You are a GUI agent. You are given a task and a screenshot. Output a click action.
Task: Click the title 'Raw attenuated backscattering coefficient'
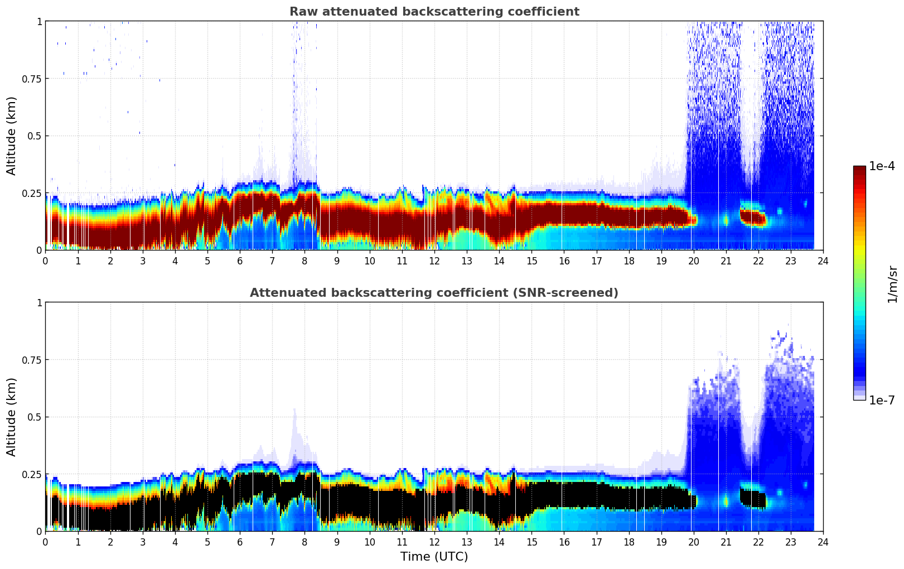click(434, 12)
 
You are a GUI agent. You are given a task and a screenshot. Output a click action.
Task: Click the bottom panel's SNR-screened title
click(434, 293)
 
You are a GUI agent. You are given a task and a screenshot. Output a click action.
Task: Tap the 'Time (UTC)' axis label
click(434, 557)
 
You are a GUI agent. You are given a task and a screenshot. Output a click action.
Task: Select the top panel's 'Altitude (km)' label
click(12, 136)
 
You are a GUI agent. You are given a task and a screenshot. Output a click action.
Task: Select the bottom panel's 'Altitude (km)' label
click(12, 417)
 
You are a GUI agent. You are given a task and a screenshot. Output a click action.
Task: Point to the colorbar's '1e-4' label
click(882, 166)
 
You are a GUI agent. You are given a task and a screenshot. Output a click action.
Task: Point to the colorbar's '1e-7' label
click(882, 400)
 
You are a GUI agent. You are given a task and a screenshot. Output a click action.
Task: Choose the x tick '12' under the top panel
click(434, 261)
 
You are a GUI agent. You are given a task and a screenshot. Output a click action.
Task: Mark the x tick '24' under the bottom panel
click(823, 542)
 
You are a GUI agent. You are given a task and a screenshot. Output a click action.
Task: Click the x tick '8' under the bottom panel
click(304, 542)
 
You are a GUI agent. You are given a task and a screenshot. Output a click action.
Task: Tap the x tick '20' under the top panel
click(693, 261)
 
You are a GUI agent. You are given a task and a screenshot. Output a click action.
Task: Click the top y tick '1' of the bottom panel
click(39, 302)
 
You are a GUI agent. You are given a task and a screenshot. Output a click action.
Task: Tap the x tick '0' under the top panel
click(46, 261)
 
